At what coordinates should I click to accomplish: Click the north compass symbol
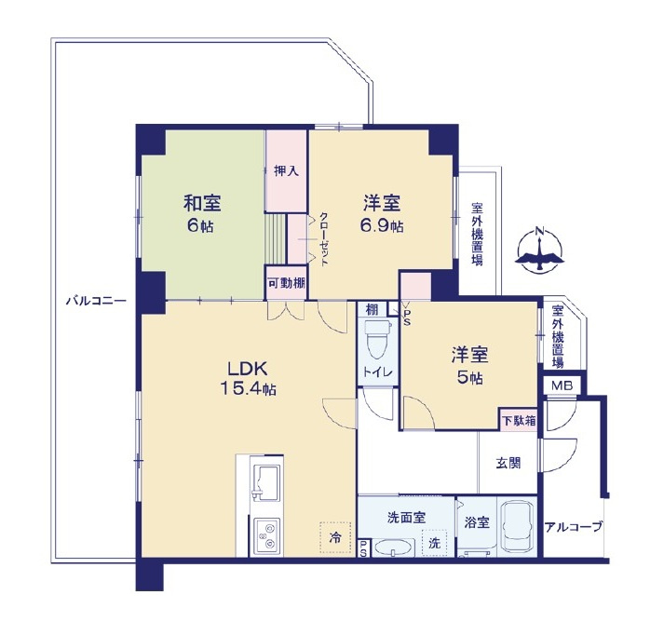click(x=539, y=250)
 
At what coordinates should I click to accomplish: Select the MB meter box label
click(x=562, y=385)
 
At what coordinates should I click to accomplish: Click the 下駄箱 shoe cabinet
click(x=519, y=420)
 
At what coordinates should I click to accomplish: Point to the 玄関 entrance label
click(x=508, y=464)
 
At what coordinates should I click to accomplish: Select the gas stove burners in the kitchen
click(x=266, y=535)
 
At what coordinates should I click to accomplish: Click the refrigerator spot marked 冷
click(x=335, y=537)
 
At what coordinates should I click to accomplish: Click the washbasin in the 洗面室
click(x=395, y=548)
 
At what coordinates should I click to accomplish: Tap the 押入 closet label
click(x=286, y=171)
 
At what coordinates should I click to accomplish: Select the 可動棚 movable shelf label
click(x=286, y=283)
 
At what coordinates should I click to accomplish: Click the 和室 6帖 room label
click(x=201, y=214)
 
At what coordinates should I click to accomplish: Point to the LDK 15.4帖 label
click(x=248, y=379)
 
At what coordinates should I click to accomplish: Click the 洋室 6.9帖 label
click(x=382, y=214)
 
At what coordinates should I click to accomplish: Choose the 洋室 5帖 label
click(x=470, y=365)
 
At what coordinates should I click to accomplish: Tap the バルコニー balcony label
click(x=96, y=302)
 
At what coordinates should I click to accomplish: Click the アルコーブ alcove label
click(x=573, y=527)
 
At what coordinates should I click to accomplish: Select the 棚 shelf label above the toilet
click(x=372, y=309)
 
